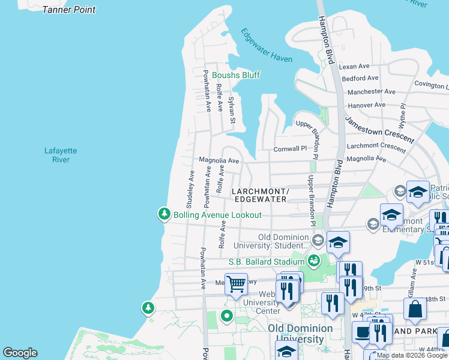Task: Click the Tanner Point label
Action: (69, 10)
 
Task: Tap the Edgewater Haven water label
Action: (267, 46)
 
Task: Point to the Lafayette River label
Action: (61, 155)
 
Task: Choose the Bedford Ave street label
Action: (360, 79)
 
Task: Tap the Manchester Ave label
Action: (371, 92)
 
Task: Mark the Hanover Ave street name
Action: (366, 105)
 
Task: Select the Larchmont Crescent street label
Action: (376, 146)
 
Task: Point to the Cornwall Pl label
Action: (290, 148)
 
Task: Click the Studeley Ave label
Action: (191, 185)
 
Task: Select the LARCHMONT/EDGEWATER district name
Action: (261, 194)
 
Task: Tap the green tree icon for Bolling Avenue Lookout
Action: (164, 214)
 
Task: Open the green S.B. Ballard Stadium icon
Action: (313, 261)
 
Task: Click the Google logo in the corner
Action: (20, 353)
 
